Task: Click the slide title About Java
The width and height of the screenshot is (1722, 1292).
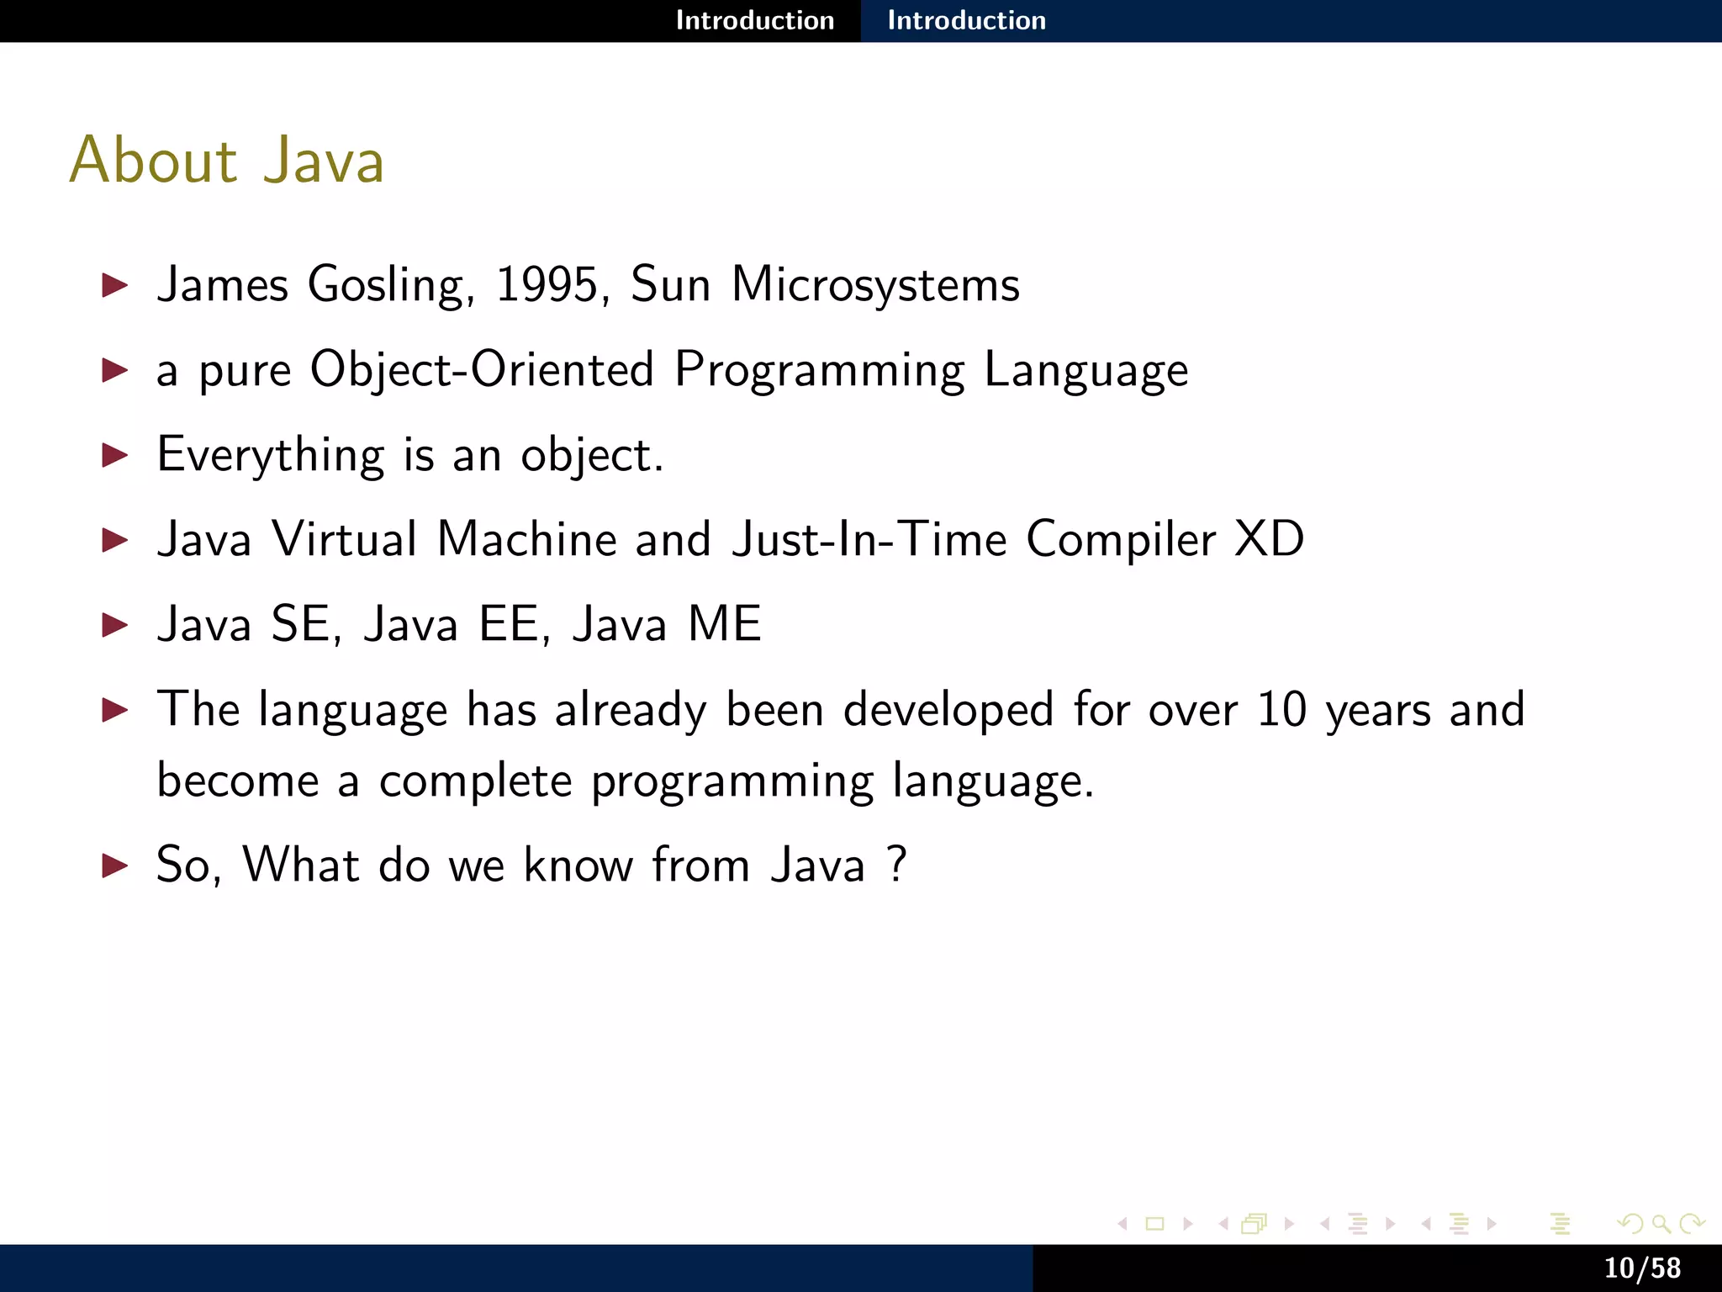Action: [x=227, y=160]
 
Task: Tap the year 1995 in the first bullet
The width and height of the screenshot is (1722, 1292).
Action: [x=547, y=284]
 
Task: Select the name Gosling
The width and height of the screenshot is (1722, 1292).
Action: [x=386, y=286]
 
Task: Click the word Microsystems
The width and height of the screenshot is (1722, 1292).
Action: [x=875, y=286]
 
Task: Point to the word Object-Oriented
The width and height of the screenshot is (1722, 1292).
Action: [x=482, y=370]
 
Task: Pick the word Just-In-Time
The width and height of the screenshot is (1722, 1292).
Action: [x=869, y=539]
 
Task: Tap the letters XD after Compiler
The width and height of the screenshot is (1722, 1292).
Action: [x=1269, y=539]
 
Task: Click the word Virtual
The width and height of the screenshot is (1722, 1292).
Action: [x=344, y=539]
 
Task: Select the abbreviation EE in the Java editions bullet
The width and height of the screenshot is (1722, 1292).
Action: [x=508, y=625]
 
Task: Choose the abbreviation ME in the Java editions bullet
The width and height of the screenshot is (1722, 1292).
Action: [x=724, y=625]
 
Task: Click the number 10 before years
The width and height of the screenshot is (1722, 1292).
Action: [x=1281, y=709]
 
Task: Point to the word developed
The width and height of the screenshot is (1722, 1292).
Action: [x=948, y=709]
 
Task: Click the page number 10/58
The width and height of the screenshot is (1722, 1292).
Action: [x=1642, y=1268]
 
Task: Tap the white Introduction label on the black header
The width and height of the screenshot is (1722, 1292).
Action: [x=754, y=20]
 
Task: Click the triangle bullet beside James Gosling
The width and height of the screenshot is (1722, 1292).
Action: [x=114, y=285]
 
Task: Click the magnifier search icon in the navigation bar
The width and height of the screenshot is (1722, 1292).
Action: [x=1661, y=1224]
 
